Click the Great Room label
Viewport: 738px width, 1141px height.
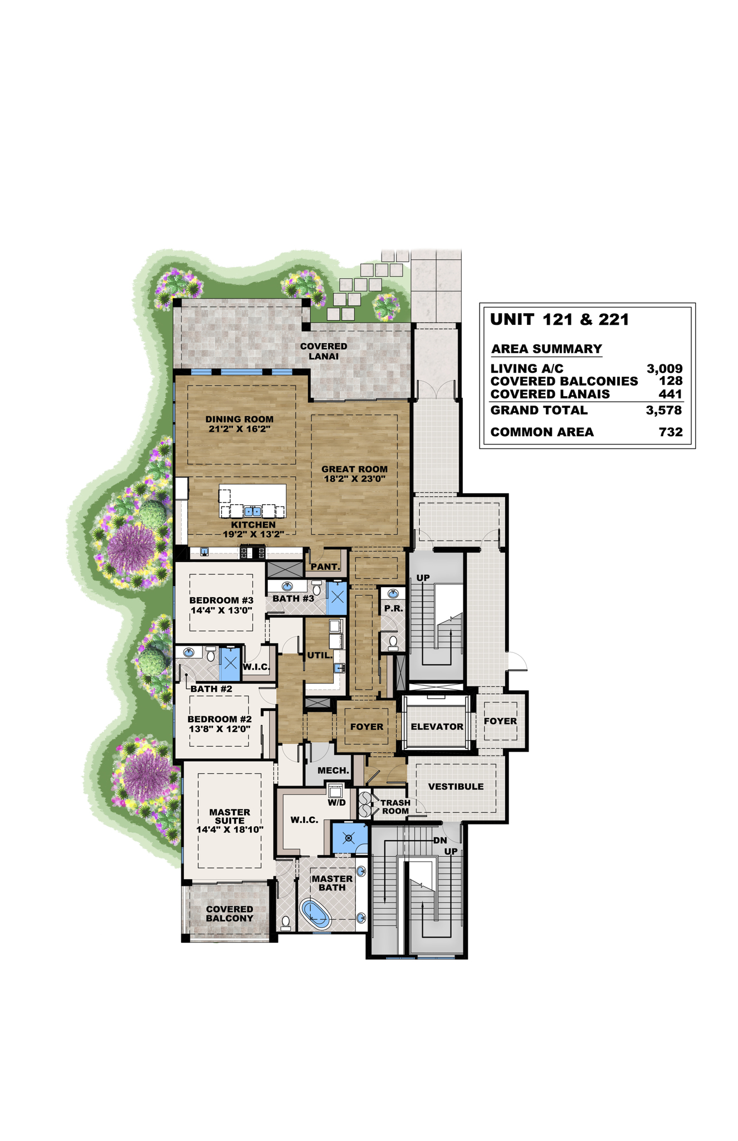[x=354, y=469]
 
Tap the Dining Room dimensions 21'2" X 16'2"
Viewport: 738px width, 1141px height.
[x=240, y=429]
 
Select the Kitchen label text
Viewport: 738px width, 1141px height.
[x=253, y=525]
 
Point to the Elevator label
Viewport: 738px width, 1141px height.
[x=437, y=726]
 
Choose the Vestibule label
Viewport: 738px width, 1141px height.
[x=456, y=787]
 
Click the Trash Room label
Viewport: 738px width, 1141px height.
[x=395, y=807]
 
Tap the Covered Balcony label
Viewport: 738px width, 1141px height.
[x=229, y=914]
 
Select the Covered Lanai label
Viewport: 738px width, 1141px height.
[x=324, y=351]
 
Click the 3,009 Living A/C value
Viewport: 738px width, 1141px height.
[x=664, y=368]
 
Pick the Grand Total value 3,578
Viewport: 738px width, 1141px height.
[x=664, y=411]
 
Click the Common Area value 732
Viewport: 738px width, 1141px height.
[x=671, y=432]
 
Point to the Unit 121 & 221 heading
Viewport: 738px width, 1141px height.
[x=560, y=320]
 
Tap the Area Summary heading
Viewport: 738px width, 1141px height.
[x=546, y=349]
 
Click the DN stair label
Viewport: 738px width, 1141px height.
[x=440, y=840]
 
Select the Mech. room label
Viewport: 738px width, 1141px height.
[x=334, y=771]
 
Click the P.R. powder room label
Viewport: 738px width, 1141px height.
[x=394, y=608]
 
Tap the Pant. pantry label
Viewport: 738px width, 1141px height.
[x=325, y=567]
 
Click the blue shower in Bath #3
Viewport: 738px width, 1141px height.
[x=336, y=598]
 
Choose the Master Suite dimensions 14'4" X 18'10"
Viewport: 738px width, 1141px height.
[x=230, y=830]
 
